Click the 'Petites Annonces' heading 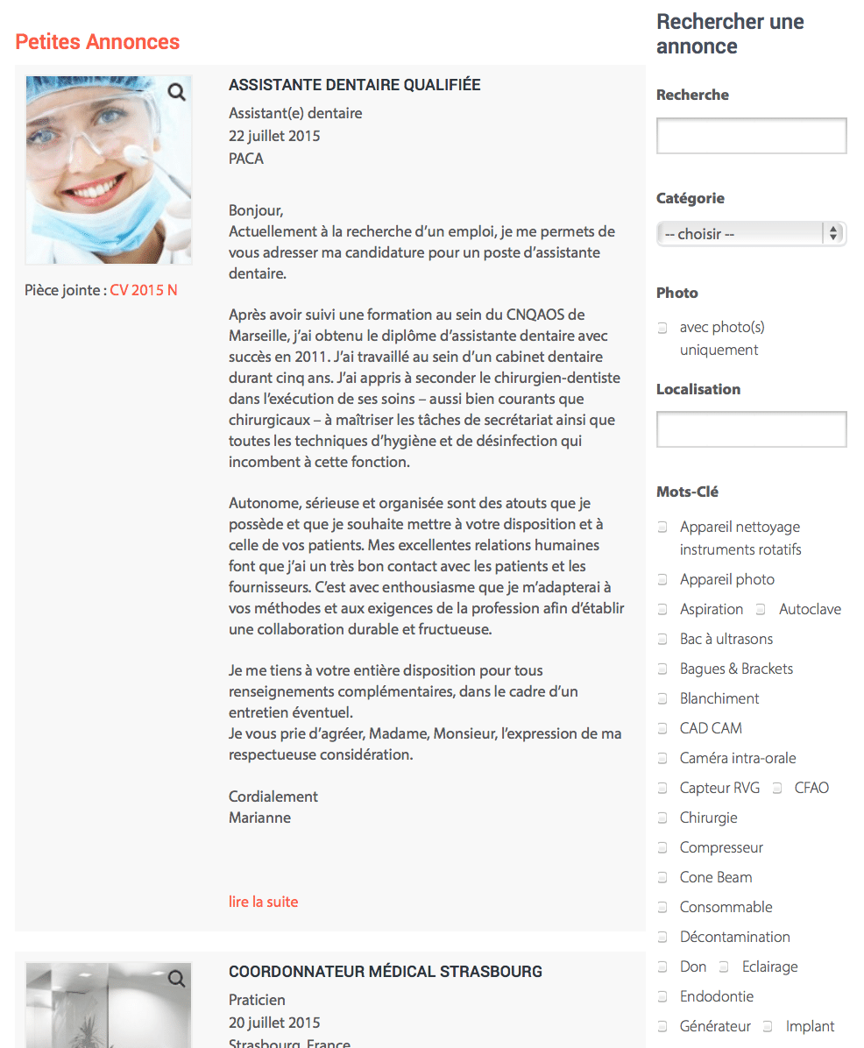pyautogui.click(x=97, y=42)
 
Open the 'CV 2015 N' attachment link pyautogui.click(x=144, y=290)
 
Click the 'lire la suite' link pyautogui.click(x=263, y=901)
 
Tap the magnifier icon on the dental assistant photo pyautogui.click(x=177, y=92)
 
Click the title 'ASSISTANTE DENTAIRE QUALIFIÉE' pyautogui.click(x=354, y=85)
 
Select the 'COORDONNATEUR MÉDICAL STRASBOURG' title pyautogui.click(x=385, y=972)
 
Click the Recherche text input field pyautogui.click(x=751, y=136)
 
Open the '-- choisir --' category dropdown pyautogui.click(x=750, y=234)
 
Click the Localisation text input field pyautogui.click(x=751, y=429)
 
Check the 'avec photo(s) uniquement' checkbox pyautogui.click(x=663, y=329)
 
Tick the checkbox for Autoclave pyautogui.click(x=761, y=610)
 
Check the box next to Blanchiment pyautogui.click(x=663, y=699)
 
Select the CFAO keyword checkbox pyautogui.click(x=777, y=789)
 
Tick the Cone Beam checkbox pyautogui.click(x=663, y=878)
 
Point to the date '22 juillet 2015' pyautogui.click(x=274, y=136)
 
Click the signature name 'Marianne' pyautogui.click(x=259, y=818)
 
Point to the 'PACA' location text pyautogui.click(x=246, y=159)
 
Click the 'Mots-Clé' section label pyautogui.click(x=687, y=492)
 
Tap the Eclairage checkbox pyautogui.click(x=725, y=967)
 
